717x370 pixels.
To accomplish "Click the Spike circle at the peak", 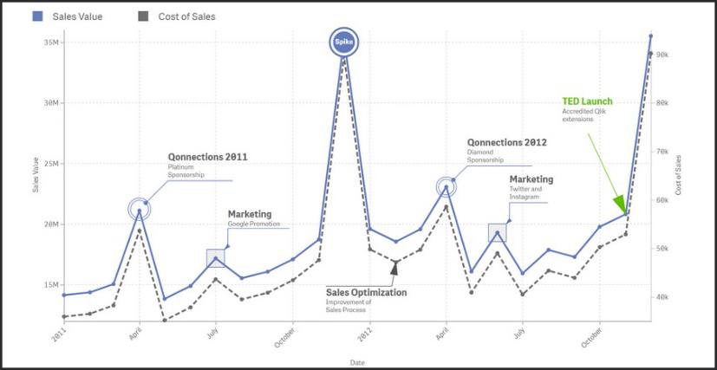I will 344,43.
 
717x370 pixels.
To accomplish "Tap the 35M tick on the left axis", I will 50,42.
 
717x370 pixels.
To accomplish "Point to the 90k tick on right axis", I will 662,55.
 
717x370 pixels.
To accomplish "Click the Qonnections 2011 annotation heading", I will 208,157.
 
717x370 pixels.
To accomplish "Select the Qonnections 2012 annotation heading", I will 508,142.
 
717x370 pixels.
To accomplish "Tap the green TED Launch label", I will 586,101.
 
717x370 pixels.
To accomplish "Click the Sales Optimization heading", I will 366,293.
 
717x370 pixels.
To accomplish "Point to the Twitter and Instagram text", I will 525,193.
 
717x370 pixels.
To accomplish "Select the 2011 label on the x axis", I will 58,336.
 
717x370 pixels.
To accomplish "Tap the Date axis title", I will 357,360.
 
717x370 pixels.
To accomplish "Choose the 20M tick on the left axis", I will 50,224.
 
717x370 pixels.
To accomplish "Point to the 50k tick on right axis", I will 662,249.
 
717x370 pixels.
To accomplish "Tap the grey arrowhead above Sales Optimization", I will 394,268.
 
